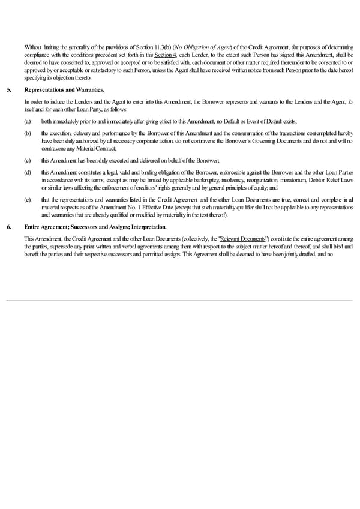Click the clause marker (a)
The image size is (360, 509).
point(28,122)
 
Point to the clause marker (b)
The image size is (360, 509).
point(28,132)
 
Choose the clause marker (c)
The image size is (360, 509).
point(28,159)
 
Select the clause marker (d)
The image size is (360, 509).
point(28,172)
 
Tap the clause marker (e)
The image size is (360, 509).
point(28,199)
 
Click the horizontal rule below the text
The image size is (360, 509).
point(180,300)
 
